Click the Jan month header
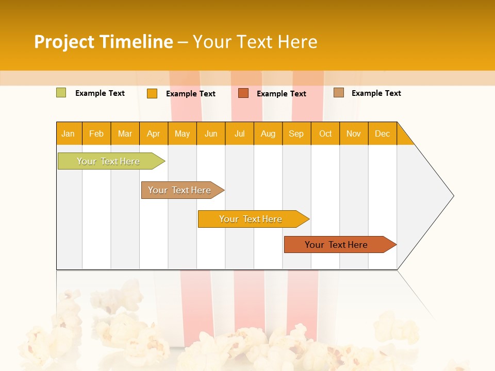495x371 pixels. pos(68,133)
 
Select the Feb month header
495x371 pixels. pos(96,133)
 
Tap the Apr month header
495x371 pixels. pos(153,133)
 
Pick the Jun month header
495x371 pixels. pos(211,133)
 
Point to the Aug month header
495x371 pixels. pos(268,133)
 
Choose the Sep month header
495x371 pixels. pos(296,133)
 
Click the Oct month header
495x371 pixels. pos(325,133)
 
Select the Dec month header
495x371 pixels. pos(382,133)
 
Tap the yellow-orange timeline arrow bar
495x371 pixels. pos(251,219)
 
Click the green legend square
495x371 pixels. pos(61,93)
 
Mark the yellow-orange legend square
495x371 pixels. pos(152,93)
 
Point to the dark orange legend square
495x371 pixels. pos(243,93)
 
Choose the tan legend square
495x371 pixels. pos(338,93)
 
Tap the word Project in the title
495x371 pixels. pos(64,42)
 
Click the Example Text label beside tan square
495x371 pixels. pos(376,93)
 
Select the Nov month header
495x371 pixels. pos(353,133)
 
